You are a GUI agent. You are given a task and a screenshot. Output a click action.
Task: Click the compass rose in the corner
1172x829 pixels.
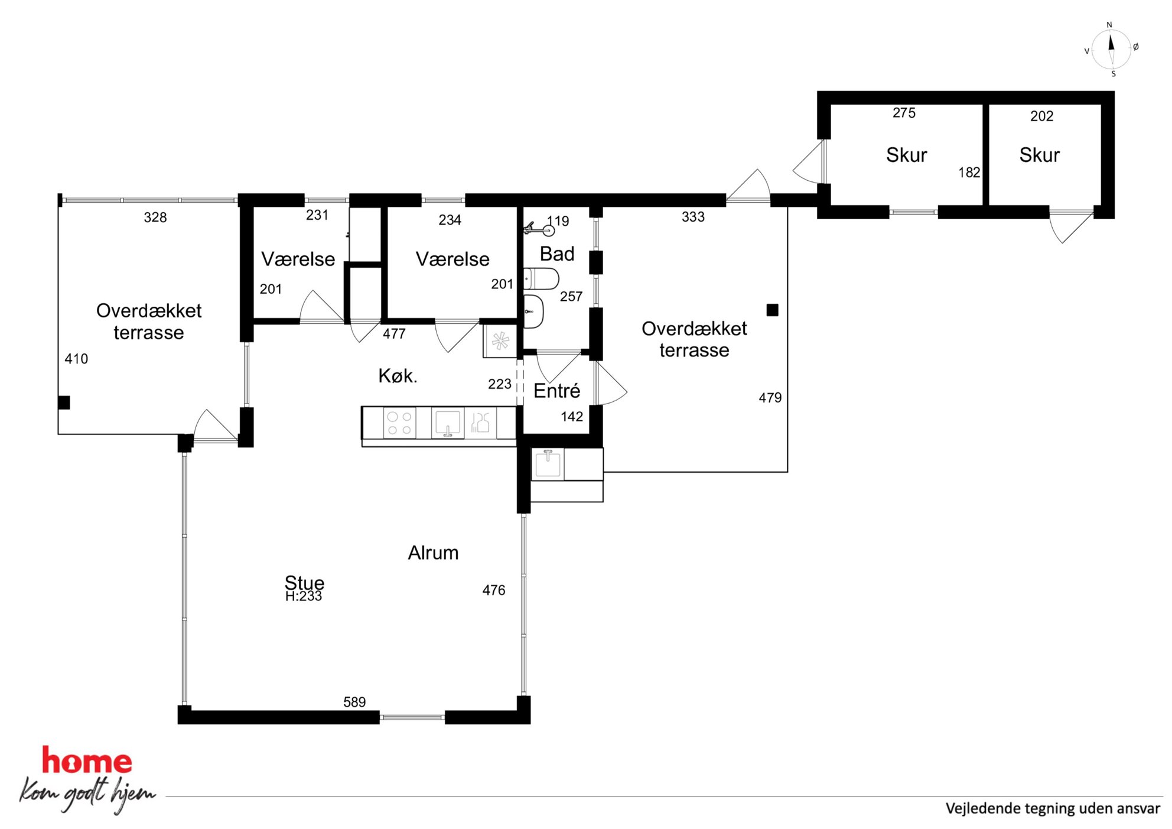[x=1111, y=50]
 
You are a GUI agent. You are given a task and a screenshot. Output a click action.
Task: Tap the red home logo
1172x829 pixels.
[x=87, y=760]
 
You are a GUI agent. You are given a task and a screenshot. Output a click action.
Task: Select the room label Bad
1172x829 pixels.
[x=557, y=253]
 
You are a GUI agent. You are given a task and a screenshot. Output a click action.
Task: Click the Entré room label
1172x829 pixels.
[x=556, y=391]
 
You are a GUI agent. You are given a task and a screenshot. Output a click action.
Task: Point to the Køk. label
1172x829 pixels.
[x=398, y=375]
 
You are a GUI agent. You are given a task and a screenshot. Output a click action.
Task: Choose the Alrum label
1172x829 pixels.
[x=433, y=552]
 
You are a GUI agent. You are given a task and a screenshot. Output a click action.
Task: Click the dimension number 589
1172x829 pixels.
[x=354, y=702]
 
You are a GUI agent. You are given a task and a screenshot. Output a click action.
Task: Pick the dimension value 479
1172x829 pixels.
[x=770, y=398]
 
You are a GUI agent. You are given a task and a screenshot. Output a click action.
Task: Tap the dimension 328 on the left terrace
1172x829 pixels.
[x=155, y=217]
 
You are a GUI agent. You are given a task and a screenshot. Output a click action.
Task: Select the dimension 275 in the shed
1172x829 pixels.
[x=904, y=113]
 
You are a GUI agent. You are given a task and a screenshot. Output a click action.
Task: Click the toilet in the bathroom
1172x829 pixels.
[x=541, y=278]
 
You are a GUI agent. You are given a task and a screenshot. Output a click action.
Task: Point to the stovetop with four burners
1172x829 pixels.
[x=399, y=422]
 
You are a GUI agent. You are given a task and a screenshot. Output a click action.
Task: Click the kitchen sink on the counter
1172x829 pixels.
[x=447, y=423]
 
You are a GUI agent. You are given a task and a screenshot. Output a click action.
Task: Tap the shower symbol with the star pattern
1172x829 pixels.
[x=500, y=341]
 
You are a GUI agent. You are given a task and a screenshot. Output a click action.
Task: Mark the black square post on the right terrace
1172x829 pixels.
[x=772, y=310]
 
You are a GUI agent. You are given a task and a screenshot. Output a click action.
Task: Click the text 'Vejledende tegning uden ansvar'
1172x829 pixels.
[x=1053, y=808]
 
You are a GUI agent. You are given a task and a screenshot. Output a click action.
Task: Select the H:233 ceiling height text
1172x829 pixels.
[x=304, y=596]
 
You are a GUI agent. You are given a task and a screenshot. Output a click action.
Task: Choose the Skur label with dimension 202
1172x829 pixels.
[x=1039, y=155]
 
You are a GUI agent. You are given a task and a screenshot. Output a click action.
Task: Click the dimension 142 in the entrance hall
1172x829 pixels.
[x=572, y=417]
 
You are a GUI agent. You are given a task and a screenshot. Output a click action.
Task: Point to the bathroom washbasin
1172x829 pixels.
[x=533, y=311]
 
